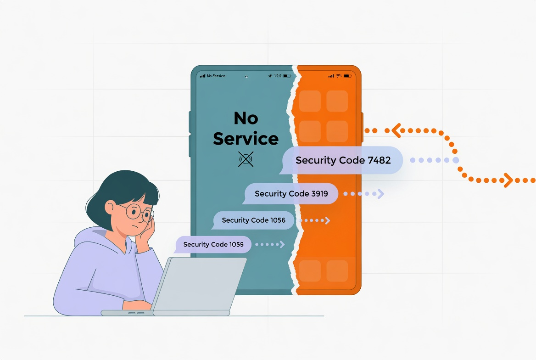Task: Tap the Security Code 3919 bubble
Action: [x=290, y=194]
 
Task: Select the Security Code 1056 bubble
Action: [x=253, y=220]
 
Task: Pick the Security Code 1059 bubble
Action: [x=213, y=244]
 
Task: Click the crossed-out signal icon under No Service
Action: [x=246, y=159]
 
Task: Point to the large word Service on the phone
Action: [x=246, y=139]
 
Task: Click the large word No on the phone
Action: [x=246, y=118]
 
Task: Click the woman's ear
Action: [x=110, y=208]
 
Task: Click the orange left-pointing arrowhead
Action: [x=396, y=130]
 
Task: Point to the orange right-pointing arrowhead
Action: [x=508, y=180]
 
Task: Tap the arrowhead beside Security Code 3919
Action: [x=380, y=194]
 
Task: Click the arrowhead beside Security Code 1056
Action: [x=328, y=220]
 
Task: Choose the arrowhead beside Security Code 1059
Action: [x=282, y=244]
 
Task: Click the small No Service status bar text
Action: [x=216, y=76]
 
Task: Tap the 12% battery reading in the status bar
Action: [x=278, y=76]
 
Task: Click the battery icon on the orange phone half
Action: [x=348, y=76]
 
